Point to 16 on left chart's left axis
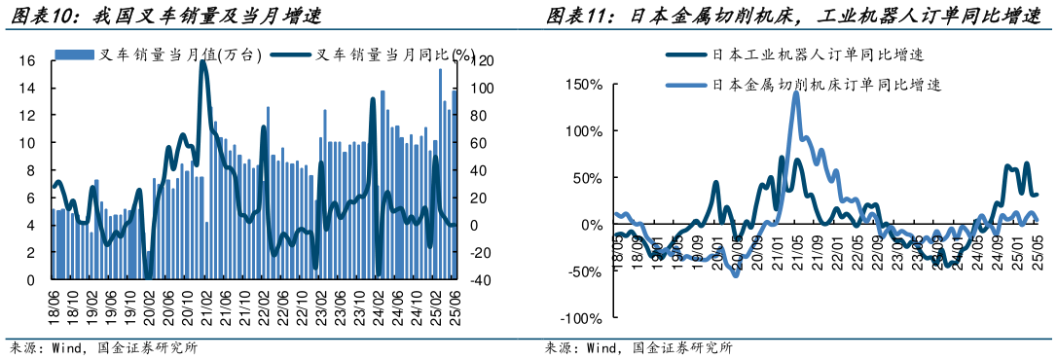[x=29, y=60]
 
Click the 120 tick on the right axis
[x=482, y=60]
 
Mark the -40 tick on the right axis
[x=482, y=279]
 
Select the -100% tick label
[x=583, y=318]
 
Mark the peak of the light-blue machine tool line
[x=796, y=94]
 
